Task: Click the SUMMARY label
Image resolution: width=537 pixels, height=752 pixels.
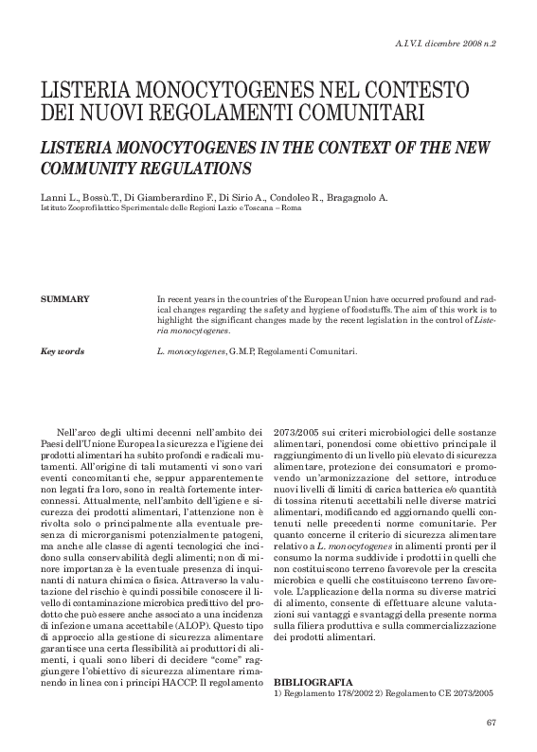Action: [x=65, y=299]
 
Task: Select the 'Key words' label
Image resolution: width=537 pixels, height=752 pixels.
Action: [x=63, y=351]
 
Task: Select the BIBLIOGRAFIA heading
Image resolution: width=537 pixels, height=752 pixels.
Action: [x=313, y=682]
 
